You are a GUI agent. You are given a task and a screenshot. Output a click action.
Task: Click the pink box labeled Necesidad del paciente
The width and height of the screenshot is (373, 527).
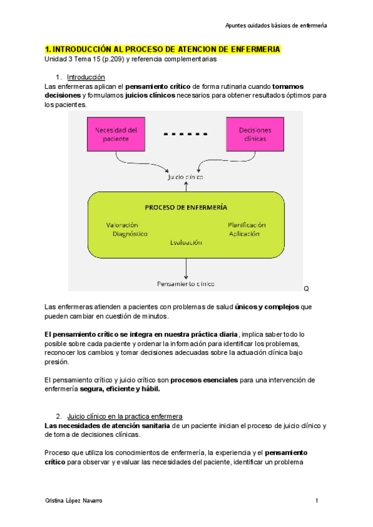[x=116, y=135]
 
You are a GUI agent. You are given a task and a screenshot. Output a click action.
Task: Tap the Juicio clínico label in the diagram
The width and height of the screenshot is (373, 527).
[x=185, y=176]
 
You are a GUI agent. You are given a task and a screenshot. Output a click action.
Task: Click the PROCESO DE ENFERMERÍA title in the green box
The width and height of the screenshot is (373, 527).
[x=185, y=207]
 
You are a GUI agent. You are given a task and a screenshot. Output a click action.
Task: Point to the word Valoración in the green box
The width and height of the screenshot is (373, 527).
[x=122, y=224]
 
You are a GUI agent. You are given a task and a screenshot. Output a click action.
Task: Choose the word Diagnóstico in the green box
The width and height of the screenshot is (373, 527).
[x=130, y=234]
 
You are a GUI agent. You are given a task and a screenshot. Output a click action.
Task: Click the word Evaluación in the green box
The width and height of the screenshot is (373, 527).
[x=185, y=243]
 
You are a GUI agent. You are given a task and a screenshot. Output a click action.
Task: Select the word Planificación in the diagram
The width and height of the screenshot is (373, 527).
[x=246, y=224]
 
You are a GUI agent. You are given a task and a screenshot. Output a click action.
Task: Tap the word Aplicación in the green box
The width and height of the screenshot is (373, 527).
[x=247, y=234]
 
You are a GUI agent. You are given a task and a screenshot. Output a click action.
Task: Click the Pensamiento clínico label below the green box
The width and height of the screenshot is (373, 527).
[x=185, y=284]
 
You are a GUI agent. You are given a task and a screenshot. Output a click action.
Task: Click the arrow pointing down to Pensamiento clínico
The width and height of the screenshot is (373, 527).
[x=185, y=267]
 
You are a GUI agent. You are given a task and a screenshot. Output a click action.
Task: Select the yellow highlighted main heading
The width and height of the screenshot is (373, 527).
[x=162, y=49]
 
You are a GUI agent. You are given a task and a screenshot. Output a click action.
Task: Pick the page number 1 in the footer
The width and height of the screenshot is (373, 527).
[x=316, y=501]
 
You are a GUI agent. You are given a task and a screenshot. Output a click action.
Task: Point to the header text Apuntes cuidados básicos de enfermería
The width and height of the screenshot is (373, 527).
[x=276, y=25]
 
